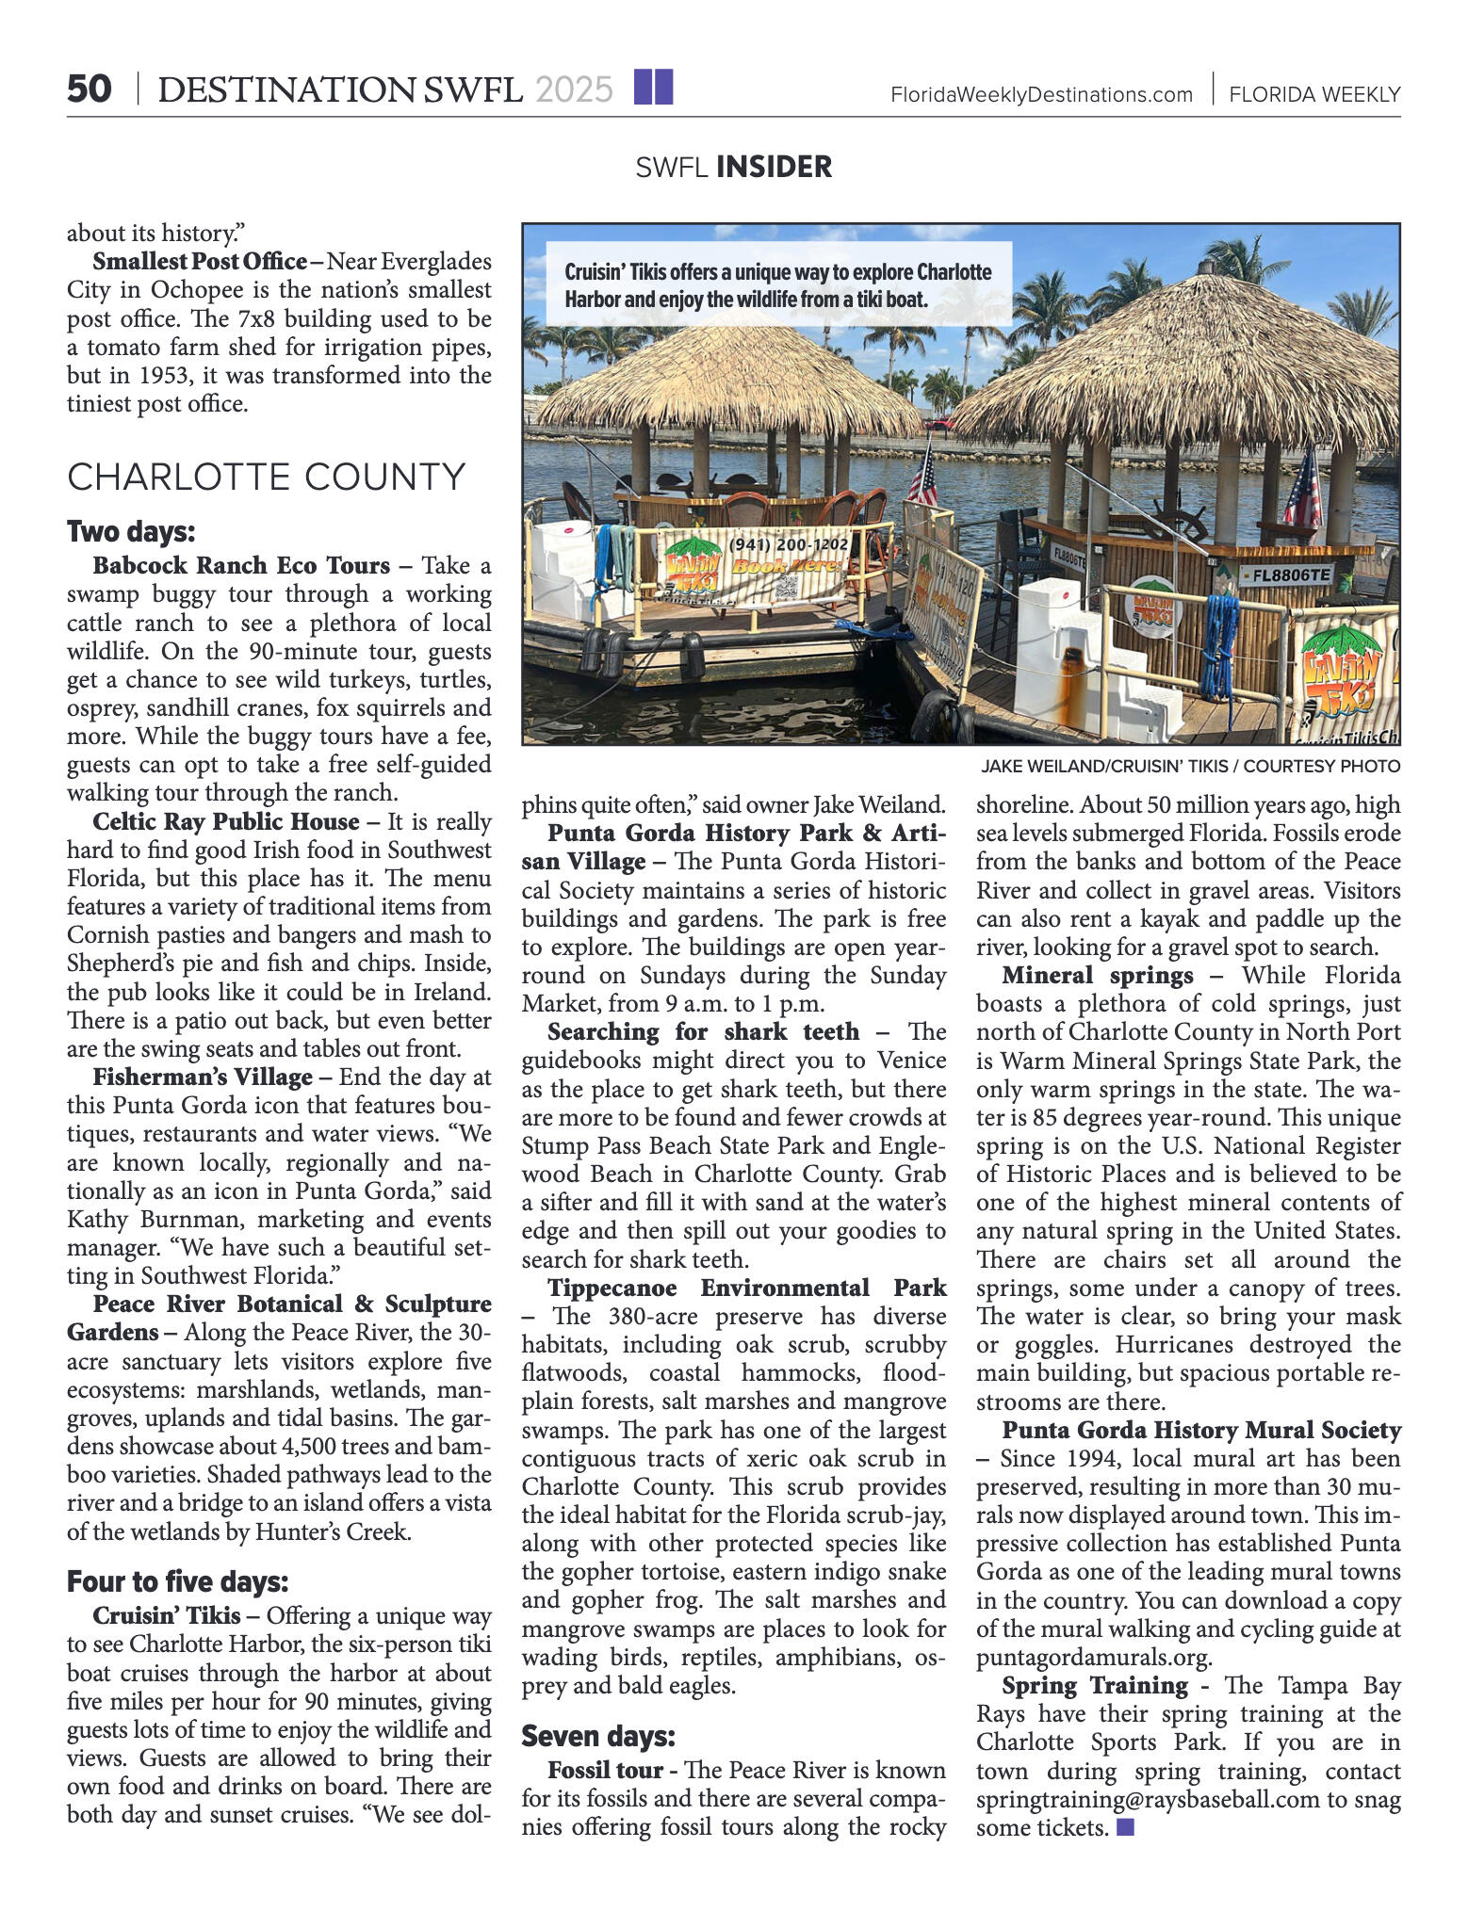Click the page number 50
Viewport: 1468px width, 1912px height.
tap(90, 89)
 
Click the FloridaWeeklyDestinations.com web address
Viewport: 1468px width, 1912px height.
tap(1041, 94)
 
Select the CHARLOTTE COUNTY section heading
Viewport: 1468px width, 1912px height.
tap(266, 477)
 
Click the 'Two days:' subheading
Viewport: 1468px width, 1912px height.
tap(131, 532)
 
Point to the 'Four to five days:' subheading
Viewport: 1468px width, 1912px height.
tap(177, 1581)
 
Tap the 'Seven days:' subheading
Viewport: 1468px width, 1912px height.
tap(598, 1736)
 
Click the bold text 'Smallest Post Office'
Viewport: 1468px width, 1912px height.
tap(200, 261)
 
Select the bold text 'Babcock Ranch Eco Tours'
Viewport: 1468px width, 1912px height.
tap(241, 565)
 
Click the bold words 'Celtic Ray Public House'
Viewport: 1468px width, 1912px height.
tap(226, 821)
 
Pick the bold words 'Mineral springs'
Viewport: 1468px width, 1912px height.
tap(1098, 975)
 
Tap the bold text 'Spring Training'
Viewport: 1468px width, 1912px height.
tap(1095, 1685)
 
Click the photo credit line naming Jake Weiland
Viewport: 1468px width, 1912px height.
tap(1190, 766)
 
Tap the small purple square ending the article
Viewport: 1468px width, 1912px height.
tap(1124, 1827)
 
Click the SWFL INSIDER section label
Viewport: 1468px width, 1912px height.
tap(733, 167)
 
